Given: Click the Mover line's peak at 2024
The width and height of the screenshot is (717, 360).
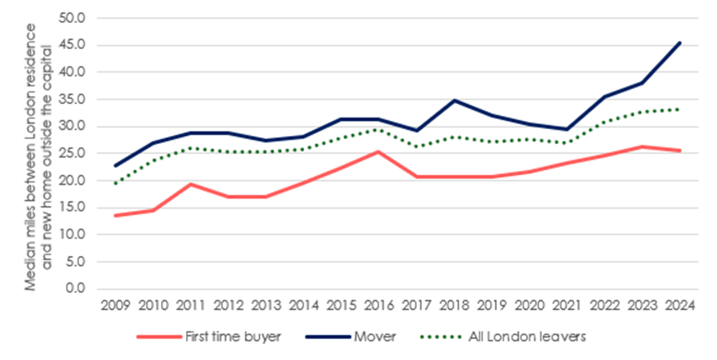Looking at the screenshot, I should coord(680,42).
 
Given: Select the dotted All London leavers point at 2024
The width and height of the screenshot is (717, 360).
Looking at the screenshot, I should coord(680,109).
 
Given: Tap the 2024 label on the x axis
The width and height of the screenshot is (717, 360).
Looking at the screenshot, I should coord(680,305).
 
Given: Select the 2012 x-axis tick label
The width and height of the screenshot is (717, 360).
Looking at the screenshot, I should coord(228,305).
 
